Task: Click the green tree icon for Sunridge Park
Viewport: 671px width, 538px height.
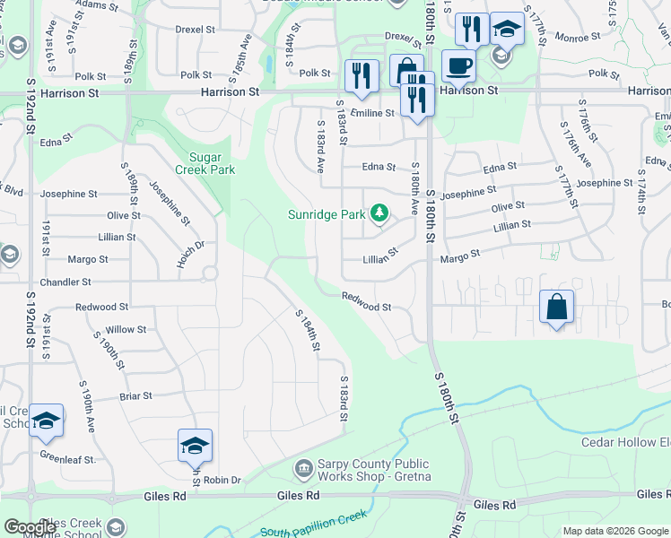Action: pyautogui.click(x=380, y=213)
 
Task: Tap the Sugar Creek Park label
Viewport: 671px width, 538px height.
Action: pyautogui.click(x=210, y=162)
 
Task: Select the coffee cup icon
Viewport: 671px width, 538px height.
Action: pyautogui.click(x=458, y=66)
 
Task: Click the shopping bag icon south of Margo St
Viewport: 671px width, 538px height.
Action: pyautogui.click(x=557, y=306)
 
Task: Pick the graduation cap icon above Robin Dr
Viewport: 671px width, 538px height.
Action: pyautogui.click(x=195, y=445)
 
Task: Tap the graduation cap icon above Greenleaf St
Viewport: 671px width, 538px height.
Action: pyautogui.click(x=46, y=420)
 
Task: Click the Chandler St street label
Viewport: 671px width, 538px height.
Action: pyautogui.click(x=87, y=282)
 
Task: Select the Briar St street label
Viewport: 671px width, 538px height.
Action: pyautogui.click(x=135, y=395)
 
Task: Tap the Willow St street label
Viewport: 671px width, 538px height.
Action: pyautogui.click(x=126, y=330)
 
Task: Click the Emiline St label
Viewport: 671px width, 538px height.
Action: pyautogui.click(x=372, y=113)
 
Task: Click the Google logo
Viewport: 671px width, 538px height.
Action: pyautogui.click(x=30, y=526)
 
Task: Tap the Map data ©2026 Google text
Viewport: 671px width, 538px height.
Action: pyautogui.click(x=615, y=531)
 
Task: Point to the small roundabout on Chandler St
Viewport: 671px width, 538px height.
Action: pyautogui.click(x=210, y=273)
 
